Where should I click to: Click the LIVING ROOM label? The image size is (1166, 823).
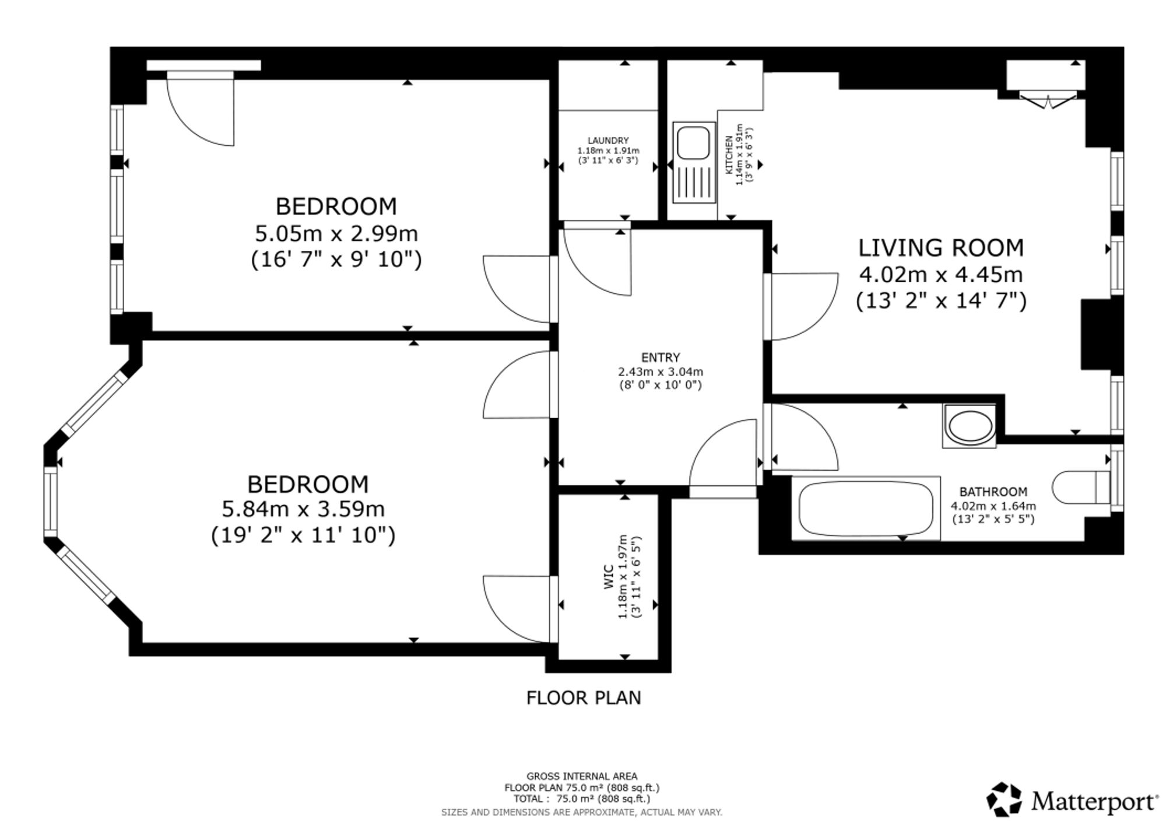[x=940, y=248]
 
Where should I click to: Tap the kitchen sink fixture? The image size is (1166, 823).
[x=694, y=163]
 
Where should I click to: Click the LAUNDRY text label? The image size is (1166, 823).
[x=608, y=141]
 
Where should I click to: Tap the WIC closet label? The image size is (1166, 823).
[x=609, y=576]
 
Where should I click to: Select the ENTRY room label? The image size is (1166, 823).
[x=661, y=358]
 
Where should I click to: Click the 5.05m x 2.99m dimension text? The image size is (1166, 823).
[x=336, y=234]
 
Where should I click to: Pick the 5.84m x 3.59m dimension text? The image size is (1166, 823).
[x=303, y=509]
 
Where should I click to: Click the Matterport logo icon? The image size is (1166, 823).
[x=1004, y=799]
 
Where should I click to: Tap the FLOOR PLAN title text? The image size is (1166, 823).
[x=584, y=698]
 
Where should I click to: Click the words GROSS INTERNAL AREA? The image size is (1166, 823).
[x=582, y=776]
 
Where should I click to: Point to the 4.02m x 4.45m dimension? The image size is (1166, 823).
[x=941, y=275]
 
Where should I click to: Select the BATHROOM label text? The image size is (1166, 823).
[x=993, y=492]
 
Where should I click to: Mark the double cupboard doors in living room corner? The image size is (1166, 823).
[x=1048, y=101]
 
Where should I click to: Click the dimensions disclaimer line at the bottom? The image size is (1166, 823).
[x=582, y=812]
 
